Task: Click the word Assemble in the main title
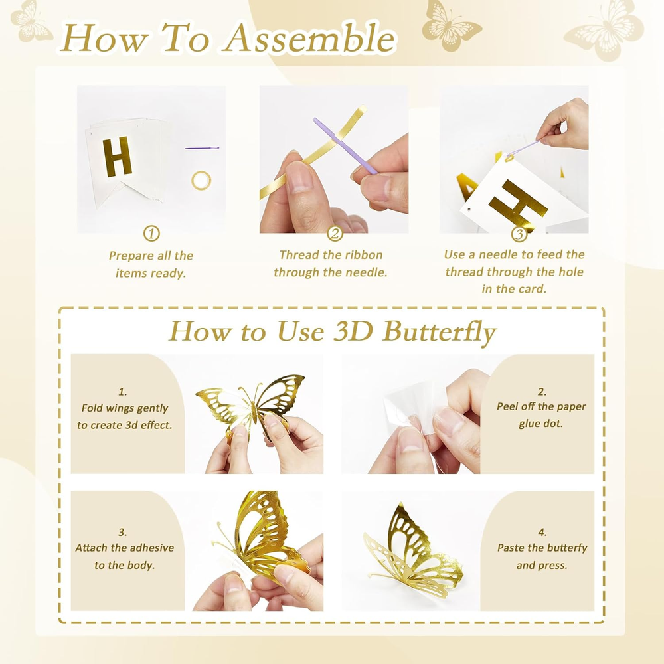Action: (309, 39)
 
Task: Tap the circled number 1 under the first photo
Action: (151, 233)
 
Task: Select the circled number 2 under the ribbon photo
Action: (335, 233)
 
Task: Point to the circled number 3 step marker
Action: (519, 234)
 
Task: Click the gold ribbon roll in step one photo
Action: (201, 180)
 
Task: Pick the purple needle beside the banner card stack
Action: (202, 148)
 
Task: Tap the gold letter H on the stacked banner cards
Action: (117, 157)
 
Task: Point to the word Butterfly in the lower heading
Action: (440, 332)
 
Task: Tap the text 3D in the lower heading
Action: (353, 331)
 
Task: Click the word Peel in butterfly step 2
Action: (507, 406)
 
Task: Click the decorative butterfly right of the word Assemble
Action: (452, 25)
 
